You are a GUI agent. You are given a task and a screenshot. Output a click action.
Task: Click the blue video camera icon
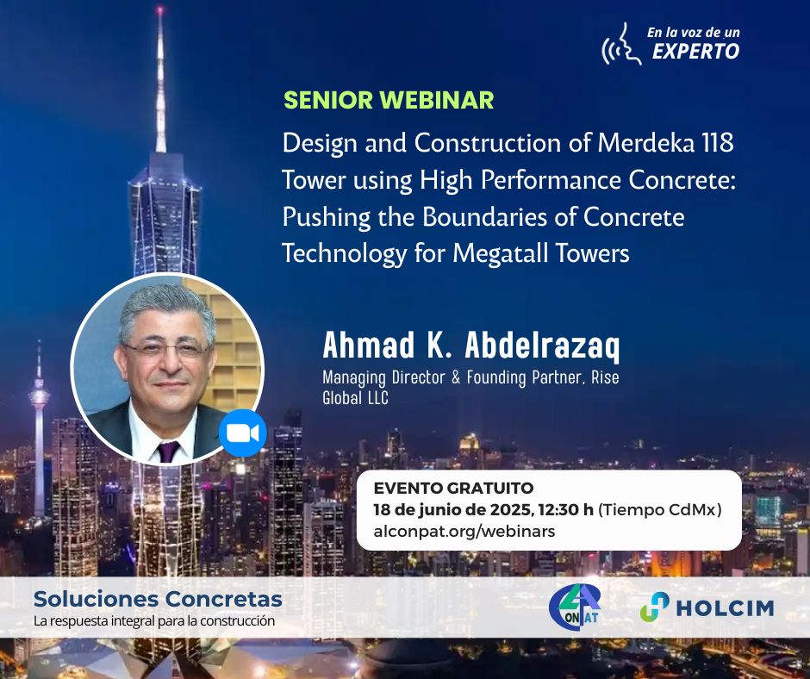[242, 433]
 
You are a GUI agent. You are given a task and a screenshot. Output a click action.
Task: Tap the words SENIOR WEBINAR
[389, 100]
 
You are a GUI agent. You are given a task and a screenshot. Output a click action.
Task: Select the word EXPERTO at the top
[696, 51]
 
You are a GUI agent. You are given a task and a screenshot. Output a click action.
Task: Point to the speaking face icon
[621, 45]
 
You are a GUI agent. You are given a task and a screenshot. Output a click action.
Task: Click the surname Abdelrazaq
[542, 346]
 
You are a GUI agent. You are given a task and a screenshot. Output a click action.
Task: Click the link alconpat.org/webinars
[464, 531]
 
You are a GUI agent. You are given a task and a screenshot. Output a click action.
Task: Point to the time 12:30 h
[565, 509]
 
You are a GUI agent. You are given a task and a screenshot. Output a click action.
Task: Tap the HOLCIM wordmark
[726, 607]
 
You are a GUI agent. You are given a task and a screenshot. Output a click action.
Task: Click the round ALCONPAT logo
[575, 607]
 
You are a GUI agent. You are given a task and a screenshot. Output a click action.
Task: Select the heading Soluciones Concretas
[158, 599]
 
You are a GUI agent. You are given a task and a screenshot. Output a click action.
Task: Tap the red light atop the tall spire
[159, 10]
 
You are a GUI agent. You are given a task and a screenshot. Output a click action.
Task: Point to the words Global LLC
[355, 398]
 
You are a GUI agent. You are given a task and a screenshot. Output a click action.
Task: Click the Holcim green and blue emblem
[655, 607]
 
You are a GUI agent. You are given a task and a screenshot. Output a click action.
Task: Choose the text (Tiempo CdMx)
[660, 509]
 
